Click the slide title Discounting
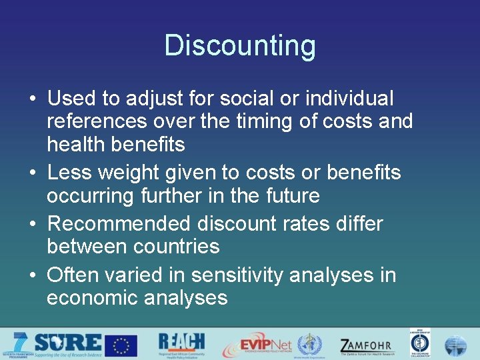point(240,46)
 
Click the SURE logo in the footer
point(67,344)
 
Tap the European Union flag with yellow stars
point(121,345)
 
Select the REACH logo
point(181,344)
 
